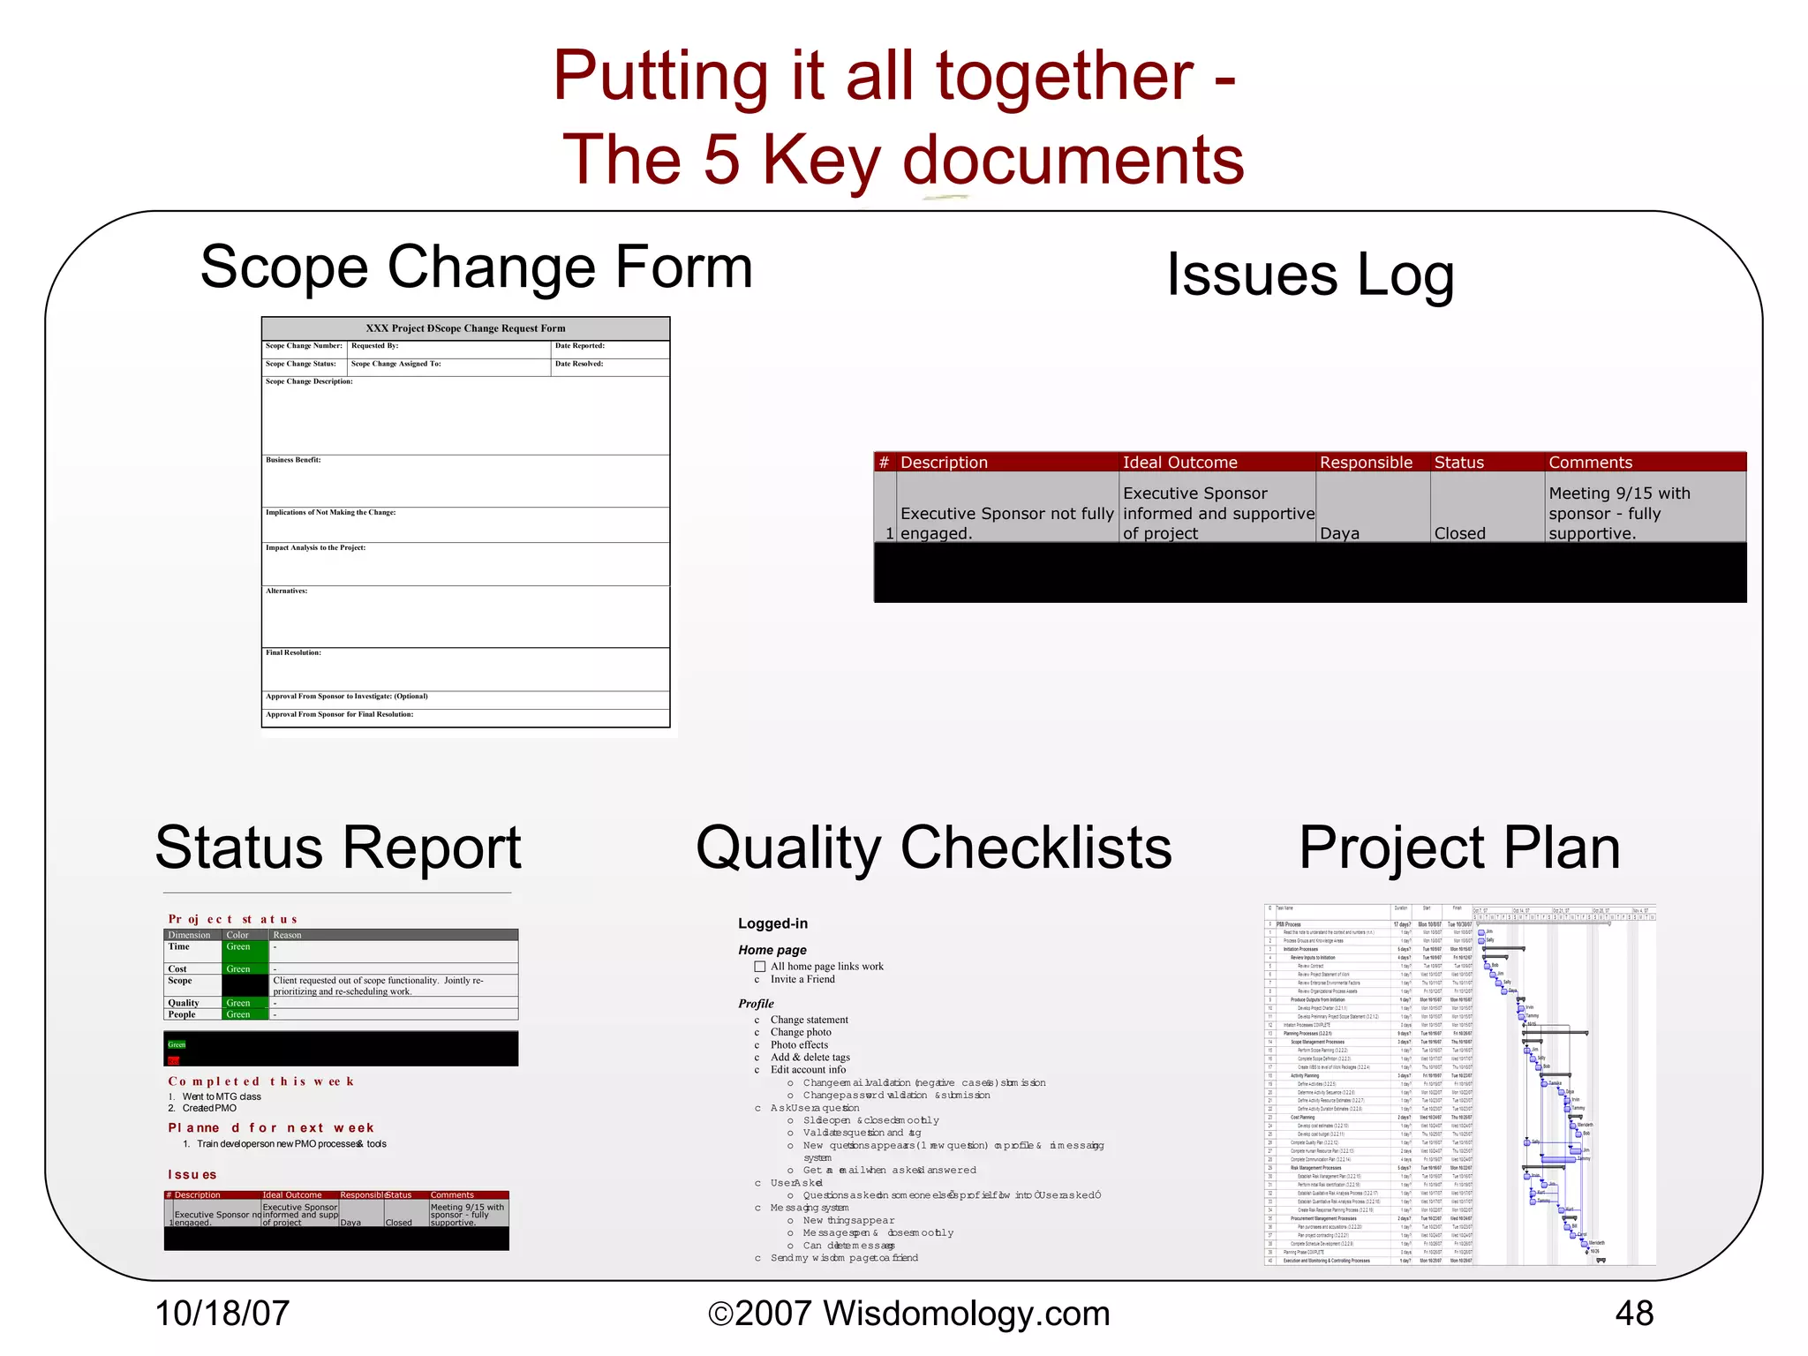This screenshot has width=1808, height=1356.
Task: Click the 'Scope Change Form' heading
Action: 477,267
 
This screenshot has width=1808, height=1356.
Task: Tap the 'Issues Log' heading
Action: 1310,275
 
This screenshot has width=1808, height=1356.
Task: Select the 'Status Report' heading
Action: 338,847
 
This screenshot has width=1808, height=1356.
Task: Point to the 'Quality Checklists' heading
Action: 933,847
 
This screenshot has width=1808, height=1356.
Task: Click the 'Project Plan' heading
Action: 1459,847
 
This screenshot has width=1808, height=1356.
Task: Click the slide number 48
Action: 1634,1314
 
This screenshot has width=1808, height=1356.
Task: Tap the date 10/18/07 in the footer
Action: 222,1314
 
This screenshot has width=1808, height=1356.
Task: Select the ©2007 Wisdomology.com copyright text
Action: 909,1314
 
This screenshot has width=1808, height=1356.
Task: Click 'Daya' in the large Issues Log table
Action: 1339,533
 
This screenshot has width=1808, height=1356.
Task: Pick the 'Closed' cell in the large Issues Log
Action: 1460,533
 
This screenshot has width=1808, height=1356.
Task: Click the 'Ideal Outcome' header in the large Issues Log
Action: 1179,463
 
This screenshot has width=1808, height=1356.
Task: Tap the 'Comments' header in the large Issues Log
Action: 1591,463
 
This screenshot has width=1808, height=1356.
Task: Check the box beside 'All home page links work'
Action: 759,967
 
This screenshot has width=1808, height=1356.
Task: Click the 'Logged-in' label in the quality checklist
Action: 772,923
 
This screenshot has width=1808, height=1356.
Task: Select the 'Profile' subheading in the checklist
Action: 756,1004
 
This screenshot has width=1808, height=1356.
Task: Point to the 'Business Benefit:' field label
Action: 293,460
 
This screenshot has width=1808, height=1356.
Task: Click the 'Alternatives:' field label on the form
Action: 287,591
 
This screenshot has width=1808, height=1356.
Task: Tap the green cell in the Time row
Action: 245,951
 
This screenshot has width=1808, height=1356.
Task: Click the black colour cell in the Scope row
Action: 245,985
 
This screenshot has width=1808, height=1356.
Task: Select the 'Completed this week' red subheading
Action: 261,1081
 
